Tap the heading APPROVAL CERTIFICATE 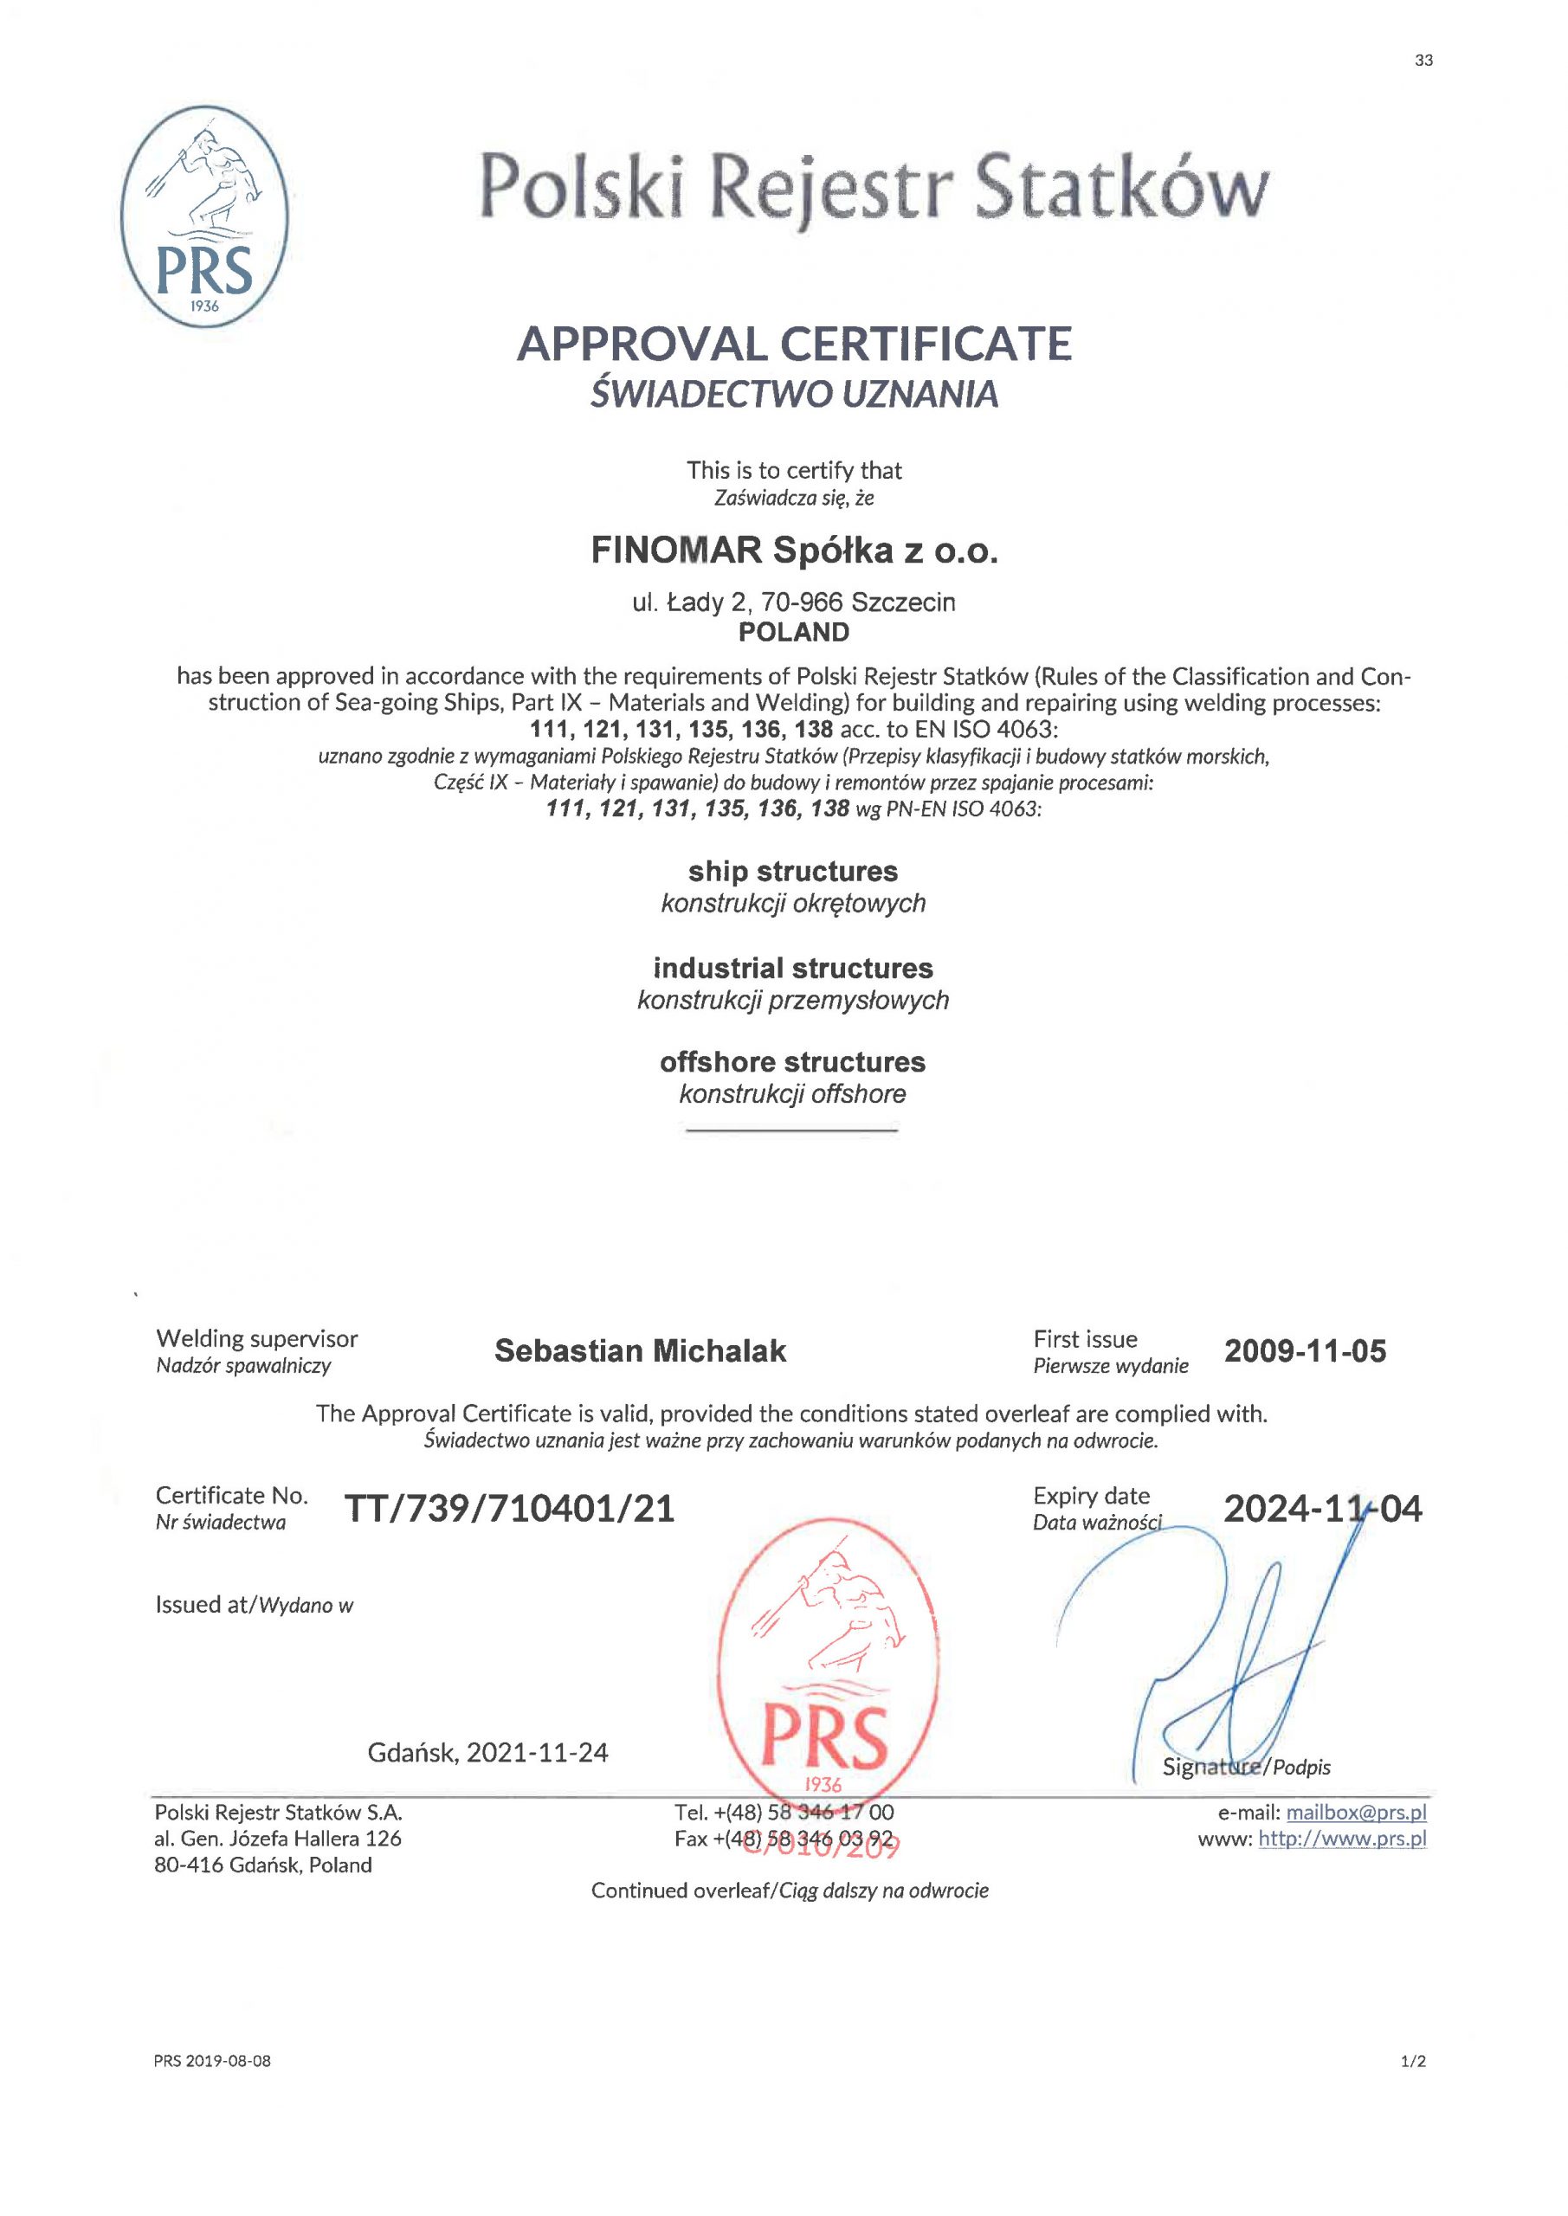[794, 345]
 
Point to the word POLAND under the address [794, 632]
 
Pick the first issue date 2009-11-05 [1305, 1350]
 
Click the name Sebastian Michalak [640, 1350]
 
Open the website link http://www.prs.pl [1342, 1839]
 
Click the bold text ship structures [793, 872]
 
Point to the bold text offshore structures [793, 1063]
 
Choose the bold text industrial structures [793, 968]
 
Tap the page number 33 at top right [1423, 61]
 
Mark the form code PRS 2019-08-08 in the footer [212, 2062]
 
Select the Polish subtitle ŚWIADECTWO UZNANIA [794, 394]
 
